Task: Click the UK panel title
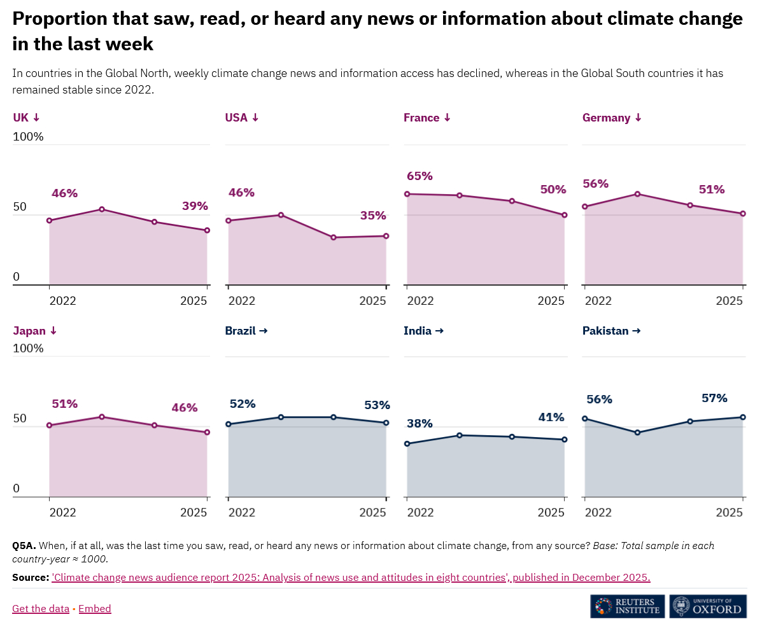26,118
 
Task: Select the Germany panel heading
612,118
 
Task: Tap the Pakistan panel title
611,331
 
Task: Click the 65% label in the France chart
420,176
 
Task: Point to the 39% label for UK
195,206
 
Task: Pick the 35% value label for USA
373,216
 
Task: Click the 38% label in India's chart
420,424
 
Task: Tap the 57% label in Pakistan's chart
714,398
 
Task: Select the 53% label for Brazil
377,405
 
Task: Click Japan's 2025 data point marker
207,433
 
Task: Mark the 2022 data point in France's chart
407,194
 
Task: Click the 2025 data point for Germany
743,214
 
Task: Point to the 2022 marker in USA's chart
229,221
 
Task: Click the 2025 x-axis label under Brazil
372,513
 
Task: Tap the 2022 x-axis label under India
420,513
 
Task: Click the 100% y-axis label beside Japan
29,349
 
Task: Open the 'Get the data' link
41,609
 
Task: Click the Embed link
95,609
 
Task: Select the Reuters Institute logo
628,606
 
